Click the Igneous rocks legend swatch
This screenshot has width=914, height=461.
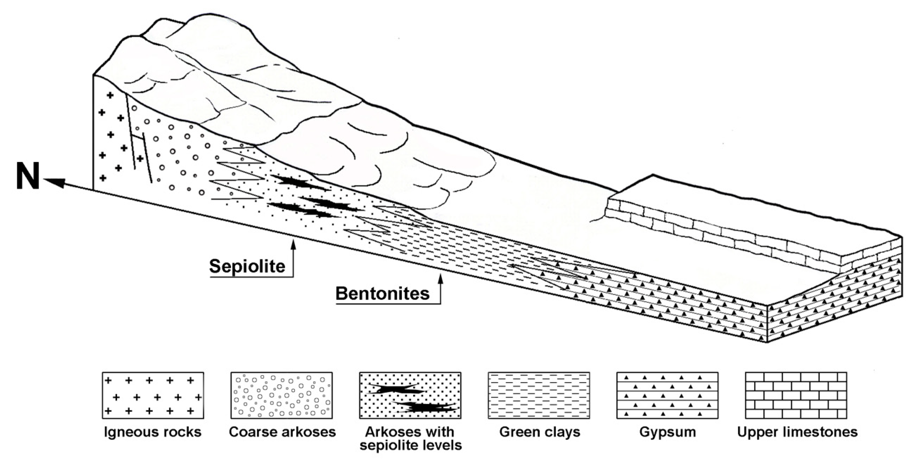tap(153, 395)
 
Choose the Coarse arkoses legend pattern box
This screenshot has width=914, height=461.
tap(282, 395)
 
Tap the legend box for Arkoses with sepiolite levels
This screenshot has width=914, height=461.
tap(410, 395)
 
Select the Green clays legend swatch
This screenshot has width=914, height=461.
tap(539, 395)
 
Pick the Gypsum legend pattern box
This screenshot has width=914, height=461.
tap(667, 395)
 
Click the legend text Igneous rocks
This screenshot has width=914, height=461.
tap(153, 432)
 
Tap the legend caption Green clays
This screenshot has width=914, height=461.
tap(539, 432)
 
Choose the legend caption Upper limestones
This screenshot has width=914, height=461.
tap(797, 432)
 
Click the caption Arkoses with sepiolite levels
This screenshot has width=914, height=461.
tap(411, 438)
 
